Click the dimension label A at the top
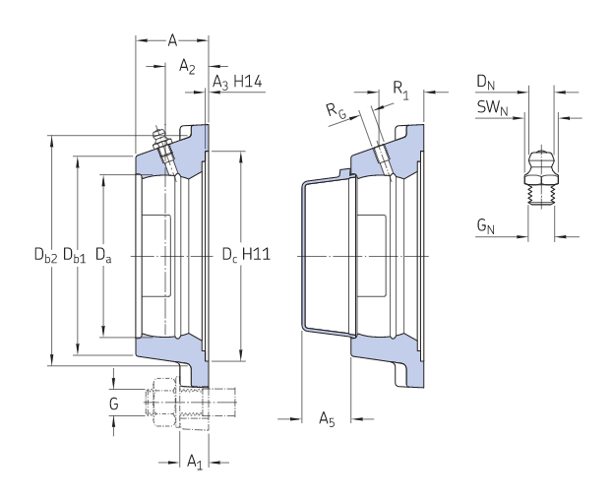[172, 40]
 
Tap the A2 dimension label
[187, 66]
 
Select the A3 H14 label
[237, 83]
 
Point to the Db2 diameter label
[45, 255]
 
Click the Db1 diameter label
[74, 255]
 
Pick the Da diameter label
[103, 255]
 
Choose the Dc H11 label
[246, 255]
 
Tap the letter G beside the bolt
[113, 404]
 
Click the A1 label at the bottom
[195, 462]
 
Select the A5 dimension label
[327, 418]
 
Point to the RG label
[337, 111]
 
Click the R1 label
[400, 90]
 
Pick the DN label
[485, 83]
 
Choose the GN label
[485, 226]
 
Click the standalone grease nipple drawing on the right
[541, 176]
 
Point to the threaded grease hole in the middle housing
[384, 160]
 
